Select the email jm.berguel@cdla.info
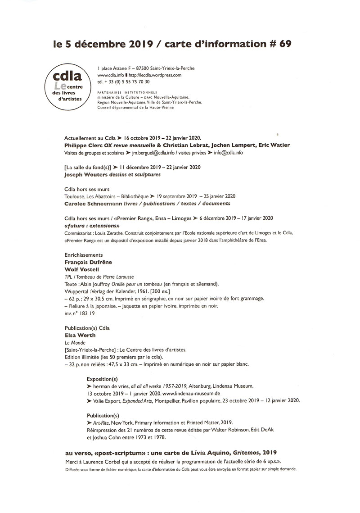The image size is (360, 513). (152, 153)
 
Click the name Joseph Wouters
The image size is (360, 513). (87, 174)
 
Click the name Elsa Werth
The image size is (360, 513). (81, 335)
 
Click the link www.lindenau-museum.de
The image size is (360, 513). (164, 393)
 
